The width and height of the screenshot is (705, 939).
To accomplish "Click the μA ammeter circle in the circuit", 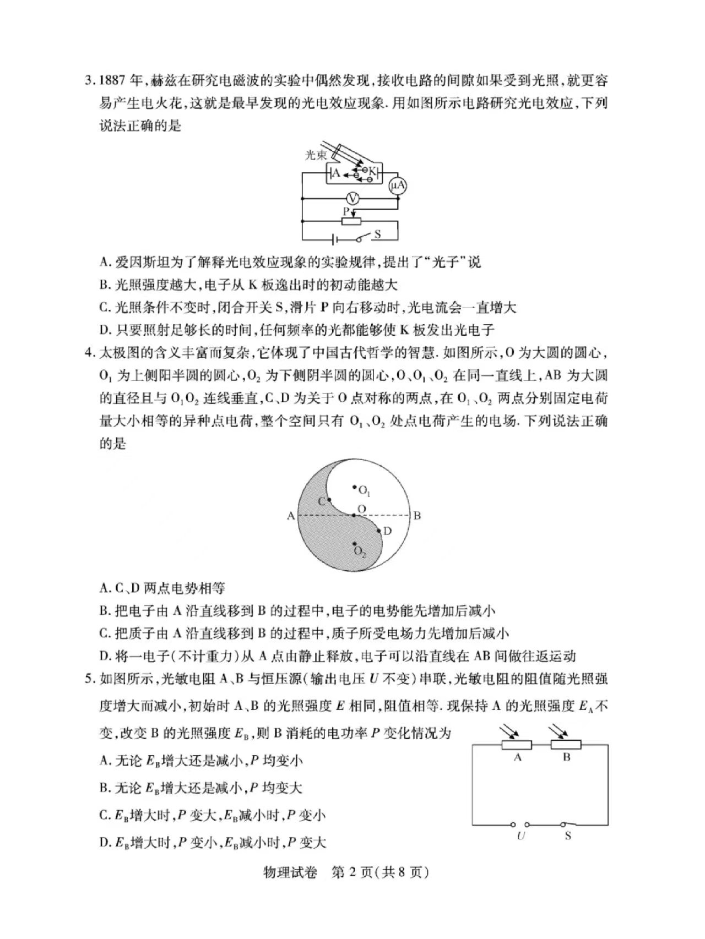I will click(x=398, y=187).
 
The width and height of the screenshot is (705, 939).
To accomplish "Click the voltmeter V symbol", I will click(x=355, y=199).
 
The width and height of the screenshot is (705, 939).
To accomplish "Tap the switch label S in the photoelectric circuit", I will click(x=378, y=234).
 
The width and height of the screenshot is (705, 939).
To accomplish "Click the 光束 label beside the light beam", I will click(x=316, y=156).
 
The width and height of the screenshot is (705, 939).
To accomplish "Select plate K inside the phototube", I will click(x=372, y=172).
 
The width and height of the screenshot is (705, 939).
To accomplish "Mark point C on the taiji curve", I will click(x=329, y=500).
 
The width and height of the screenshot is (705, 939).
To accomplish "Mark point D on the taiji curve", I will click(x=379, y=531).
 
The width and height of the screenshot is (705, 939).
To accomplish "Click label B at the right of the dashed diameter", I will click(x=417, y=516).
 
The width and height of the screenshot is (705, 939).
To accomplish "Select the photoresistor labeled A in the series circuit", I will click(x=517, y=745).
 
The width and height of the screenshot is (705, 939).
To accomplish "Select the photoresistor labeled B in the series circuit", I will click(x=566, y=745).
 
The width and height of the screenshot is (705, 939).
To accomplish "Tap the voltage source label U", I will click(x=520, y=836).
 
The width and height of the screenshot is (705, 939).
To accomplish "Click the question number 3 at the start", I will click(x=88, y=81).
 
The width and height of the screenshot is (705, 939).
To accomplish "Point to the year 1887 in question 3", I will click(x=112, y=81).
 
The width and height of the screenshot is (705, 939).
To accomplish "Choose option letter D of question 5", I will click(x=105, y=843).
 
